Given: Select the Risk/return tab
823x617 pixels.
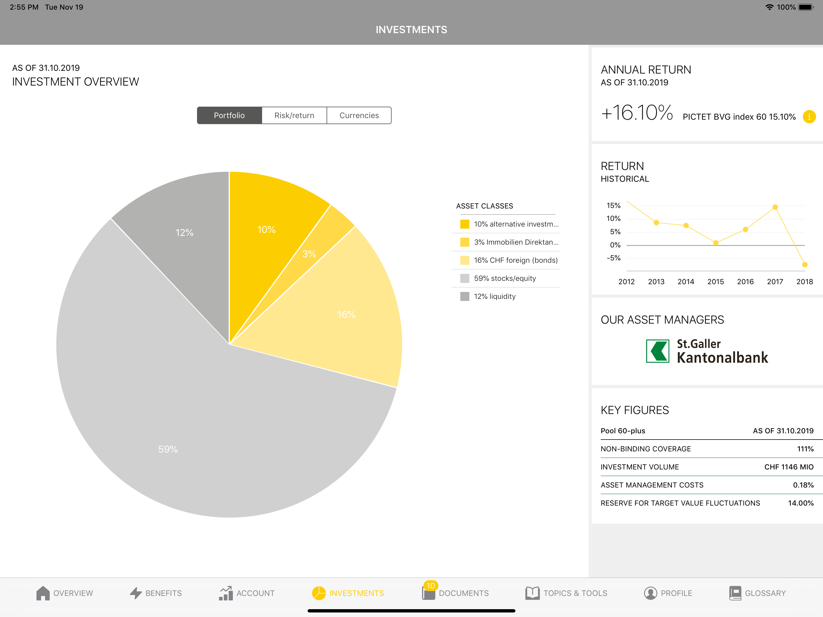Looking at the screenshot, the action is [294, 115].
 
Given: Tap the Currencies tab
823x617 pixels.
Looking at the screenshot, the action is [359, 115].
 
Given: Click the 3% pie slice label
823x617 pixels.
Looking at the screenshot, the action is [309, 254].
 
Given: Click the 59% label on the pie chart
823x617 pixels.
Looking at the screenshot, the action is [168, 449].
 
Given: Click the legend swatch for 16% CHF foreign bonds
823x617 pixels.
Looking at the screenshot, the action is [465, 260].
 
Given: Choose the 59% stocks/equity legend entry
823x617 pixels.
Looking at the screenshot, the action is [505, 278].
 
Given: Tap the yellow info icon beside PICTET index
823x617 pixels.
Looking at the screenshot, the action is [809, 117].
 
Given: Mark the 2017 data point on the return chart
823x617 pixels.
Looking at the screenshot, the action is [775, 207].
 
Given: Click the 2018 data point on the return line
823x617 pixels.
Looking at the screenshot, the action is [805, 265].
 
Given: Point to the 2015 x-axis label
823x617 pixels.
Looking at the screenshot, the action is [715, 282].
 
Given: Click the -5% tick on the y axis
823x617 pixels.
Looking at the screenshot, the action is [614, 258].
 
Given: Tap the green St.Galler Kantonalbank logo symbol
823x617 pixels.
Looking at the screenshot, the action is [657, 351].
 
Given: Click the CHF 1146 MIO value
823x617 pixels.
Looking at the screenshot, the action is [789, 467].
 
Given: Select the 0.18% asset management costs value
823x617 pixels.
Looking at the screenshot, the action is [803, 485].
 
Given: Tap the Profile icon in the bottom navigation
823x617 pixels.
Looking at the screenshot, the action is [650, 593].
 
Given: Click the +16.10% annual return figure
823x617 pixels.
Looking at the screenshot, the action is [637, 112].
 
